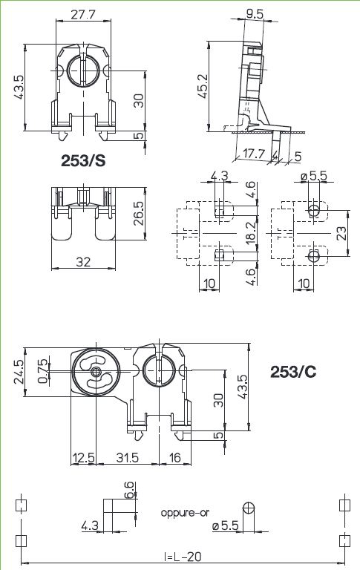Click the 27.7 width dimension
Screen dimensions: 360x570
83,15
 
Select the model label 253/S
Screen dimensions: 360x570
83,160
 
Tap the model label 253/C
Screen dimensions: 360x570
293,372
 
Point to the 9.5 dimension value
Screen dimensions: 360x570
255,14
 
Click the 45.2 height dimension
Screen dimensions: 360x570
203,86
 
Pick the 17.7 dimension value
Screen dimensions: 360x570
253,154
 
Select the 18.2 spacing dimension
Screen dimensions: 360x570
251,233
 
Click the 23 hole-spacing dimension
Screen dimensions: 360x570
341,233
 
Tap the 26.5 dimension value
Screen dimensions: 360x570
139,214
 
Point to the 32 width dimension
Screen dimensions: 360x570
83,262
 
